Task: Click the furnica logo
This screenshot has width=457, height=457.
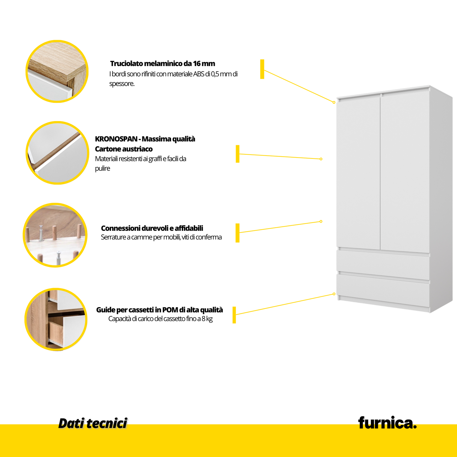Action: tap(387, 423)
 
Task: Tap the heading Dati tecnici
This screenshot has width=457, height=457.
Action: tap(93, 423)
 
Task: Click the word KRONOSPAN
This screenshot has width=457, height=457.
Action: tap(116, 139)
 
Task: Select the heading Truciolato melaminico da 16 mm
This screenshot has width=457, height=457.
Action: tap(163, 64)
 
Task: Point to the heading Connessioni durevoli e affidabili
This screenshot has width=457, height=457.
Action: tap(152, 228)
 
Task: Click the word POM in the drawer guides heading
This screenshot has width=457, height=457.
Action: tap(170, 310)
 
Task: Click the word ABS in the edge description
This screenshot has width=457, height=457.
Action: tap(199, 74)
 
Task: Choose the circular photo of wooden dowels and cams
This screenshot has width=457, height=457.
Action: tap(55, 235)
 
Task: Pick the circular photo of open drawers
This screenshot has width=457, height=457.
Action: tap(56, 319)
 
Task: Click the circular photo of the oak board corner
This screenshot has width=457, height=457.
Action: tap(57, 71)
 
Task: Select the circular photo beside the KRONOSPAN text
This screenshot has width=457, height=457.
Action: tap(57, 153)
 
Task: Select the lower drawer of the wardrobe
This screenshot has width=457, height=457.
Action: tap(383, 289)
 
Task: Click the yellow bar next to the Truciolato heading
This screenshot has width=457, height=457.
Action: tap(262, 69)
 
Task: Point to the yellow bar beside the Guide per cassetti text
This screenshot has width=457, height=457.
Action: tap(234, 315)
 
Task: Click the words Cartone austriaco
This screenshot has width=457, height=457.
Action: tap(124, 149)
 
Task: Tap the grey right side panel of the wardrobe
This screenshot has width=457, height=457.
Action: tap(441, 199)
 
